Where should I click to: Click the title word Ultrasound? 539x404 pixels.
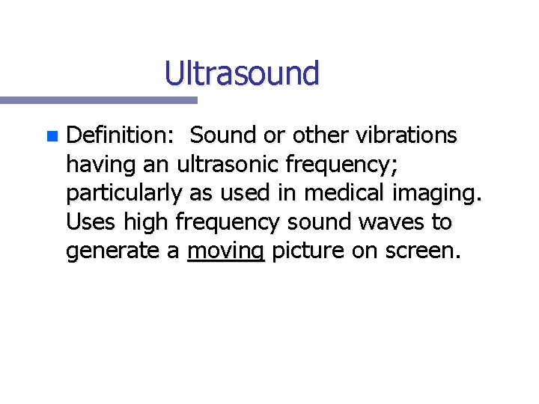point(242,73)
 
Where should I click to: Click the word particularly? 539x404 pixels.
point(124,194)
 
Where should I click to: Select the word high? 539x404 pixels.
point(147,222)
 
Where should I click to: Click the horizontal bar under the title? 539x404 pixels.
point(97,100)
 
